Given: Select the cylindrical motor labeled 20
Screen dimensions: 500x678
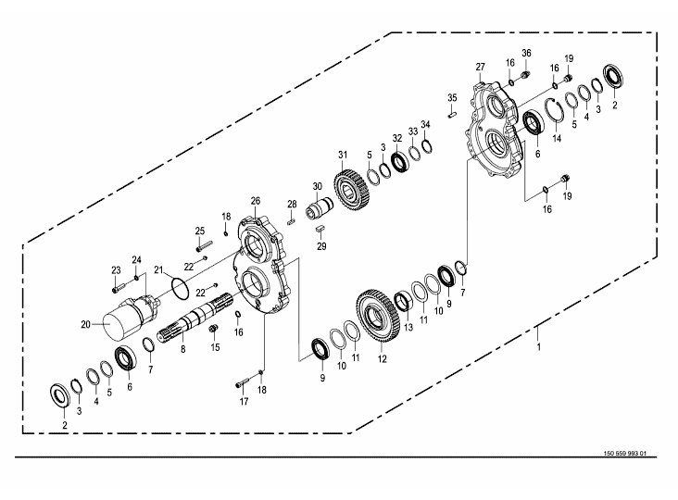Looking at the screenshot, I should (x=123, y=319).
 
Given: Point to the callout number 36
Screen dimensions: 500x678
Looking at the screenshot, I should (x=526, y=53).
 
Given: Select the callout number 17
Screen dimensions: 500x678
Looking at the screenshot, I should (x=244, y=401).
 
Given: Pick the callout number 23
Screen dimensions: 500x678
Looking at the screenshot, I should (x=117, y=269).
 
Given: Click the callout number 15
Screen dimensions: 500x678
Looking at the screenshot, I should (x=216, y=347).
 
